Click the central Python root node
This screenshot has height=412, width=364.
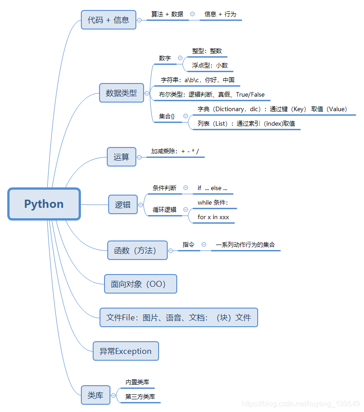(x=44, y=204)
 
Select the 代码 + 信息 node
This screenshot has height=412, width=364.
(x=109, y=20)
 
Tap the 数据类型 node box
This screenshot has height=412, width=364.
(x=121, y=93)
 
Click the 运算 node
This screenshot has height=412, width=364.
(x=121, y=157)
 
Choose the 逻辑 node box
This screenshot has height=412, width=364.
(x=123, y=205)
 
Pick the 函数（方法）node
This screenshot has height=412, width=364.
(x=137, y=250)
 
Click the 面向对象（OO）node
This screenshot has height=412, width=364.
(x=140, y=284)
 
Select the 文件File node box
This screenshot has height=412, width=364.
(x=179, y=317)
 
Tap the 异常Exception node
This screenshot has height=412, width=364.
(x=126, y=351)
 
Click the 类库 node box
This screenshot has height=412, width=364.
(x=95, y=395)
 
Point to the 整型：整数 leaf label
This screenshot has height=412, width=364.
(x=207, y=51)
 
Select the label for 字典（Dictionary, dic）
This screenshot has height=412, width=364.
(x=272, y=109)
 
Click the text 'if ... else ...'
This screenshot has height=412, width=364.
(x=212, y=188)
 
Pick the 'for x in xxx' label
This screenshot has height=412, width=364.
(x=213, y=217)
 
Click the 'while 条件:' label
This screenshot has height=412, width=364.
(x=213, y=202)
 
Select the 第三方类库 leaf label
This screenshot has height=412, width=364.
(x=140, y=397)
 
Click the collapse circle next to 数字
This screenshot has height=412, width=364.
(x=180, y=58)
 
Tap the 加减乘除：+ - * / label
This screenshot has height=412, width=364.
(x=175, y=151)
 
